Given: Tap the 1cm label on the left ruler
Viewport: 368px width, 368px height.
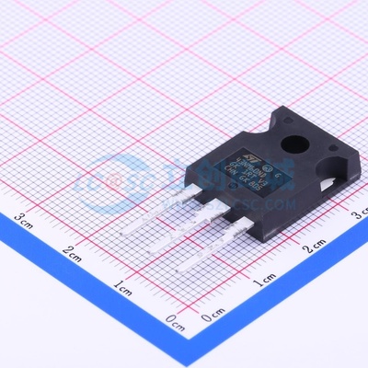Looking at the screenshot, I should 121,287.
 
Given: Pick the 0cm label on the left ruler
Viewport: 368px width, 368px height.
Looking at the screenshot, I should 174,322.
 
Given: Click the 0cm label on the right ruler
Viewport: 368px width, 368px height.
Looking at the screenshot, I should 211,316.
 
